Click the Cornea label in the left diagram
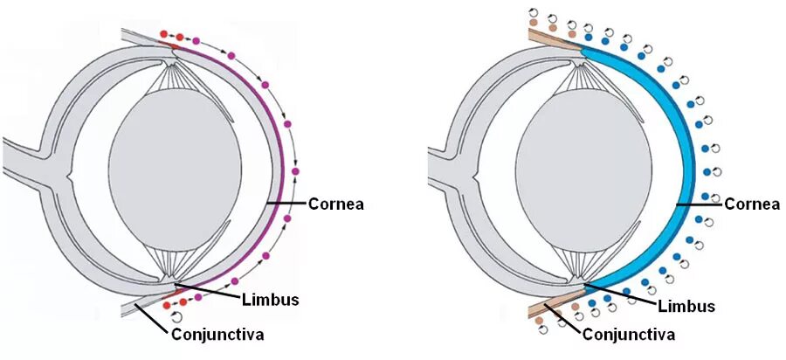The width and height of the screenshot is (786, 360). (335, 204)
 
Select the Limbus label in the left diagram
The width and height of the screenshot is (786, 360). (270, 300)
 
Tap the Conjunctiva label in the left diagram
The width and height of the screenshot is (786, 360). (217, 334)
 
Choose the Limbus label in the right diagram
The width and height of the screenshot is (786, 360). (686, 307)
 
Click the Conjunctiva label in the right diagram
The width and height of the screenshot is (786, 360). (629, 334)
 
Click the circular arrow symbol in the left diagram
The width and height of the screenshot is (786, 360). (178, 316)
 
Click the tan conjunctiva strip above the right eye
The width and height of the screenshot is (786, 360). (550, 38)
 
